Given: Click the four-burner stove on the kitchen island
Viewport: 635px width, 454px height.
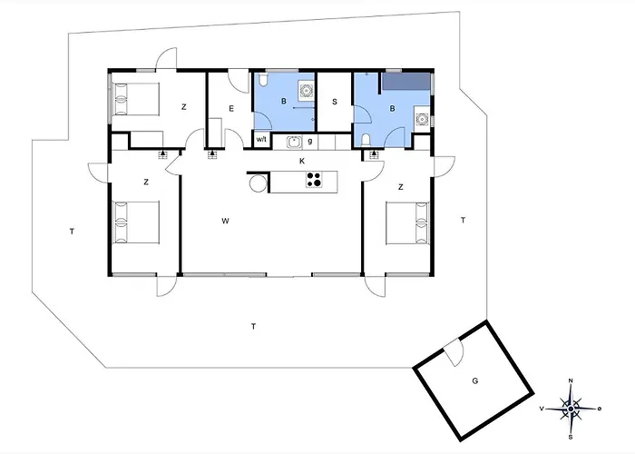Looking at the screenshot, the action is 314,180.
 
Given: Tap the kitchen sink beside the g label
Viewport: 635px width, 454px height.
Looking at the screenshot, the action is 294,143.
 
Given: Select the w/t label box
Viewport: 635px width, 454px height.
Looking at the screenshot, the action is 261,140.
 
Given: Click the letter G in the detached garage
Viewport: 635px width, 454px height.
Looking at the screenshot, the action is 475,381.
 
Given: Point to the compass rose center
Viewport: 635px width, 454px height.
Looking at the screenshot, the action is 571,409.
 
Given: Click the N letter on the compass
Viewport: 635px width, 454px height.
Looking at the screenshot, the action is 571,380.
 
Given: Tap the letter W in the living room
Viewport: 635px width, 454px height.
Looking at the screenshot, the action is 226,221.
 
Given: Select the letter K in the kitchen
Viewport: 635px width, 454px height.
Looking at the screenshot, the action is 302,162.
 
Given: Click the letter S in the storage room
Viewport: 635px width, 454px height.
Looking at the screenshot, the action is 335,102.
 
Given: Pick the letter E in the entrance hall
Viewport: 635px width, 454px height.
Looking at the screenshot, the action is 231,109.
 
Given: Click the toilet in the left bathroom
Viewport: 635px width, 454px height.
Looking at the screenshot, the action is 263,80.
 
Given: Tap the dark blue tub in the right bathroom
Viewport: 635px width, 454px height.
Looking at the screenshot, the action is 406,81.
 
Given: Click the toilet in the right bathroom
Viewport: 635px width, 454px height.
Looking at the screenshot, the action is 366,140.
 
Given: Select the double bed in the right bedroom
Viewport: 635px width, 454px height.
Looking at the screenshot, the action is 407,223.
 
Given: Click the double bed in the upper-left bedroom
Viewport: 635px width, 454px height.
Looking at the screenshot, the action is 135,99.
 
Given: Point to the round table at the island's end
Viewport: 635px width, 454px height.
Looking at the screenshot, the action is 258,183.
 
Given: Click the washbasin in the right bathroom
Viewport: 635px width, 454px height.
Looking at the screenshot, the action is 423,119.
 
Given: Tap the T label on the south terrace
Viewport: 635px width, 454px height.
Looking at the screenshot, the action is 253,326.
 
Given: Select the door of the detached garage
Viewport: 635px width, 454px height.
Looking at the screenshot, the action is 454,352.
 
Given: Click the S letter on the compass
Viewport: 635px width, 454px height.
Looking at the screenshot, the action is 571,437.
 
